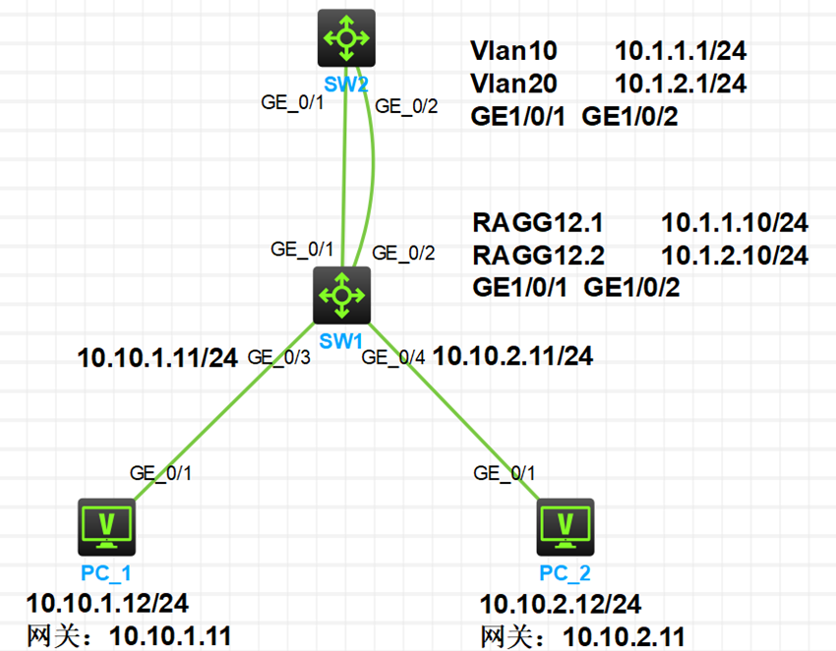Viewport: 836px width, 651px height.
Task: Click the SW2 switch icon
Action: (346, 38)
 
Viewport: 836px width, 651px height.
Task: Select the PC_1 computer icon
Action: (107, 527)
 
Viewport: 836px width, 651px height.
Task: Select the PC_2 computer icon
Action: (566, 527)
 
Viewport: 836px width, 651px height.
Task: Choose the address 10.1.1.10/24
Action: (735, 222)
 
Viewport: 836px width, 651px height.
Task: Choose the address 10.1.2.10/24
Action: (735, 255)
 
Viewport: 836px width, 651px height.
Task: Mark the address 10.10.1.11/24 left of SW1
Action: (157, 357)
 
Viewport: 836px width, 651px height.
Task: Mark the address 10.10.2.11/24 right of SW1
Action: (512, 356)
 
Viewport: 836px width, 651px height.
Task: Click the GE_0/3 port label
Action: (280, 357)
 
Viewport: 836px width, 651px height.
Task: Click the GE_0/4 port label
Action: (395, 358)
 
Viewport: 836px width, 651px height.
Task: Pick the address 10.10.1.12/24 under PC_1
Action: (107, 602)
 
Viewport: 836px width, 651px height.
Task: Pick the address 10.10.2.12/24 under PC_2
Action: (561, 603)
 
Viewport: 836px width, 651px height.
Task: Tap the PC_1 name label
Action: (106, 572)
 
